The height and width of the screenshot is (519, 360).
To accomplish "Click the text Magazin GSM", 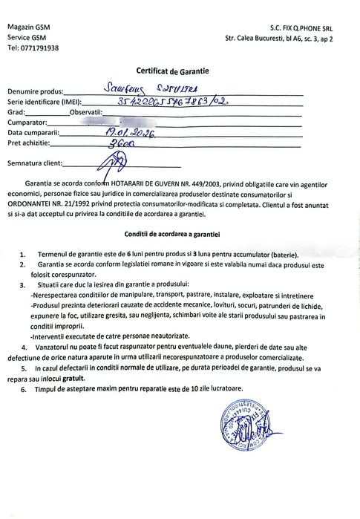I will click(x=29, y=26).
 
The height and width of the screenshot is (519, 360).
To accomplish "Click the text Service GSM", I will click(x=27, y=37).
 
